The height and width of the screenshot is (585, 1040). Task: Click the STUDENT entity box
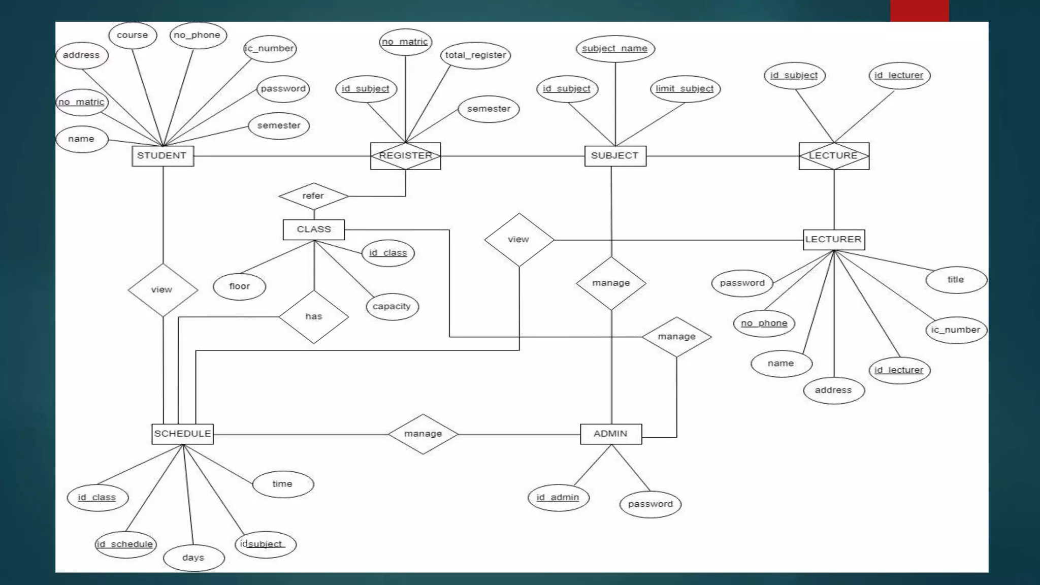click(x=162, y=156)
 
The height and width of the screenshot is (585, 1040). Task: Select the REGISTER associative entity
click(x=405, y=156)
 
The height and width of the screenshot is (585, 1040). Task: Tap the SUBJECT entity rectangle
click(x=615, y=156)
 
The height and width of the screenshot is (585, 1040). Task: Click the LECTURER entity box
click(x=833, y=240)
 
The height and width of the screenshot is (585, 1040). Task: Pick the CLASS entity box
click(x=313, y=230)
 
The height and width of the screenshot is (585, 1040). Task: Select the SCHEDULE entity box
click(x=182, y=434)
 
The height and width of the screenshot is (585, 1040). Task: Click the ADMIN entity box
click(x=611, y=434)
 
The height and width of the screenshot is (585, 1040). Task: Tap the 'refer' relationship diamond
click(x=313, y=196)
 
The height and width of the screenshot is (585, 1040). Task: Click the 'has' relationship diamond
click(x=313, y=317)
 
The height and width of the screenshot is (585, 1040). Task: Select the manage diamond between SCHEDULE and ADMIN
click(x=423, y=434)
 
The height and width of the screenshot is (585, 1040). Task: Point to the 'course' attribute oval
click(x=133, y=35)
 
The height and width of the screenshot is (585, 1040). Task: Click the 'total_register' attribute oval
click(x=475, y=55)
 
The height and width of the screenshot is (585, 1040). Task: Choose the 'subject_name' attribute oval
click(x=615, y=49)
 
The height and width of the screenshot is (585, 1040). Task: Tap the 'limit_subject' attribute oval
click(x=685, y=89)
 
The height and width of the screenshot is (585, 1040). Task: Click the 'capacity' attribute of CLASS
click(x=392, y=307)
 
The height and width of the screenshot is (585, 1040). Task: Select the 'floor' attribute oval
click(x=239, y=286)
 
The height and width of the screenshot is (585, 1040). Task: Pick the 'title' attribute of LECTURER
click(x=956, y=280)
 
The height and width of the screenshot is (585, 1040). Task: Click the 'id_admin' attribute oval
click(x=558, y=498)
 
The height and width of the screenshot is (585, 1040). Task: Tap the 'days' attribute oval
click(x=193, y=558)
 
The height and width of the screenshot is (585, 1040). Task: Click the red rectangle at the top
click(x=919, y=11)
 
